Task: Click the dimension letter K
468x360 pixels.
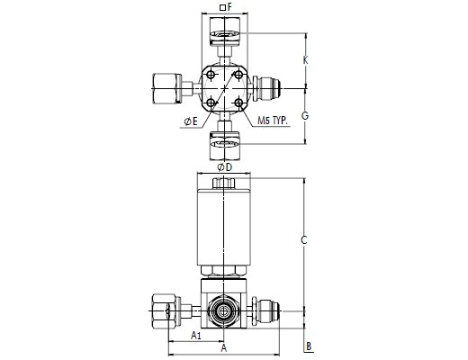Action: tap(305, 60)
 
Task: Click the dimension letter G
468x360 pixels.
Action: tap(305, 115)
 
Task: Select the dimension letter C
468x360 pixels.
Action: tap(304, 240)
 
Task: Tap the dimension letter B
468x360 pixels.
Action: tap(309, 346)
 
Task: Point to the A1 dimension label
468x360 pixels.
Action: tap(196, 335)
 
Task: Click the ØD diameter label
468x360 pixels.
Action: tap(225, 167)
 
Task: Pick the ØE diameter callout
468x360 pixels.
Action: tap(191, 121)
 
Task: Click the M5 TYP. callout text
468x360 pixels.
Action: tap(273, 121)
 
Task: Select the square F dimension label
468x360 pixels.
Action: tap(226, 7)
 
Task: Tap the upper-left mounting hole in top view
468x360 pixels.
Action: tap(211, 75)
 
